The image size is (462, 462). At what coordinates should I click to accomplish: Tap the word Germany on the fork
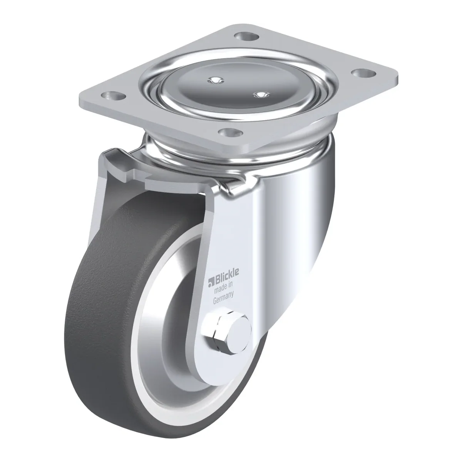pyautogui.click(x=223, y=300)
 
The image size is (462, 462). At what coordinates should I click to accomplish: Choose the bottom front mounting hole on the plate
pyautogui.click(x=231, y=132)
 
